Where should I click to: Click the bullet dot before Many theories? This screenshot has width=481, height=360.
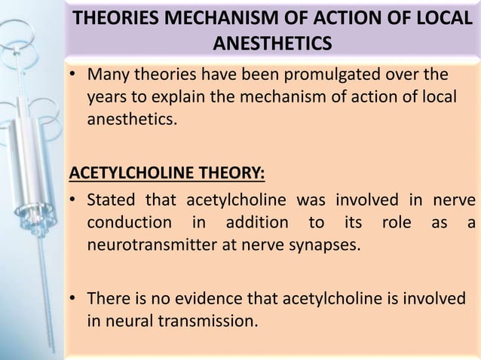(x=75, y=78)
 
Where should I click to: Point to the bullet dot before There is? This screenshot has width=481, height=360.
(x=75, y=301)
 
